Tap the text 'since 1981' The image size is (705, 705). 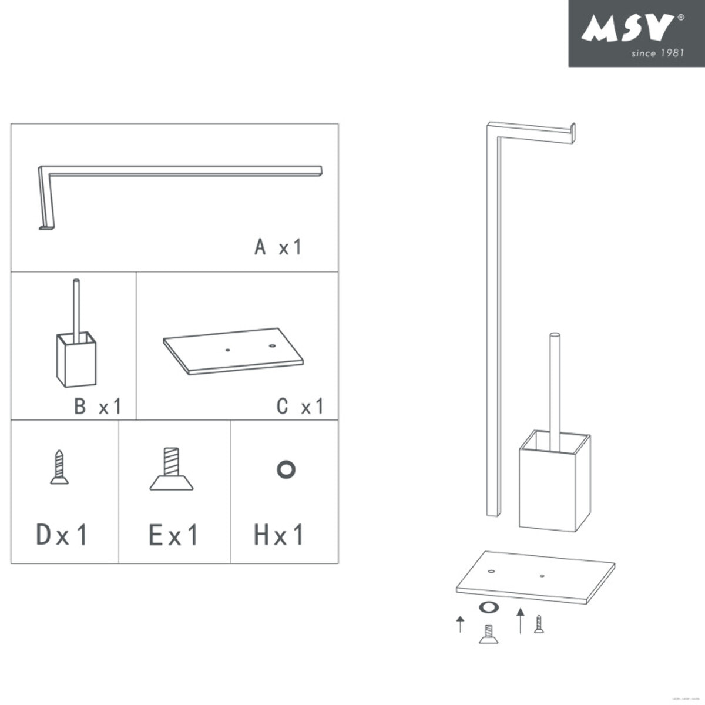coord(657,53)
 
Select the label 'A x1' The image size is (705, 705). coord(278,247)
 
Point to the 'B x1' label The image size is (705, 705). coord(98,406)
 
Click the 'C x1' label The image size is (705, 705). coord(300,406)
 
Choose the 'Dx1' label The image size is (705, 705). coord(62,535)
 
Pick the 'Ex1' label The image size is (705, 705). coord(174,535)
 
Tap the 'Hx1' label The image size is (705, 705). coord(279,535)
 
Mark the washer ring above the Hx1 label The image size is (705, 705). coord(286,469)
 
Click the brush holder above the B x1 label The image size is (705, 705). coord(76,358)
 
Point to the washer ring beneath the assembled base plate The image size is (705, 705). coord(488,608)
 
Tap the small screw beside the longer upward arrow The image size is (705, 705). coord(539,623)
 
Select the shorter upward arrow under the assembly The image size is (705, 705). coord(461,624)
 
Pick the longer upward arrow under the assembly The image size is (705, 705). coord(520,620)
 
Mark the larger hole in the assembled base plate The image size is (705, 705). coord(491,570)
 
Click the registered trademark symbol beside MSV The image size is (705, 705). coord(681,18)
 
